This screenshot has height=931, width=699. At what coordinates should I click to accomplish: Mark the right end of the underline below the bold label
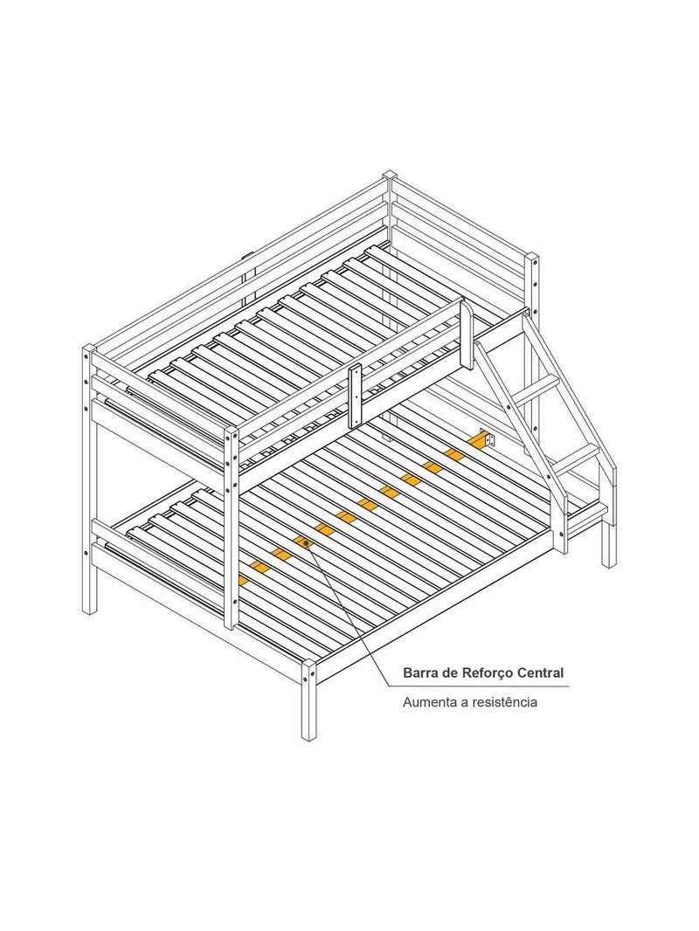[569, 686]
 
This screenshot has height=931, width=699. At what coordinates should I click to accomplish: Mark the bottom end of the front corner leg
[307, 737]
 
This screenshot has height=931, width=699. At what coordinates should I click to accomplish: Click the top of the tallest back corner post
[389, 176]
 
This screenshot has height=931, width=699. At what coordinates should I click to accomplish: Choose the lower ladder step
[575, 458]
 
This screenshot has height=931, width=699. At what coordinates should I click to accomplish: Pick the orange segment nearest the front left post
[242, 580]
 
